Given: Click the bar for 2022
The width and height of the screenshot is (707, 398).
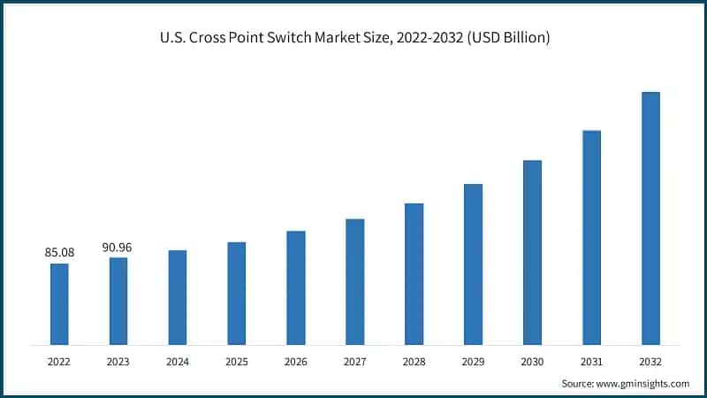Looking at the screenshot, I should coord(59,303).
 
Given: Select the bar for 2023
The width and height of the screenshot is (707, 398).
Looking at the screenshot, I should coord(118,301).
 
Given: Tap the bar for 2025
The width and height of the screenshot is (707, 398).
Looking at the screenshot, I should coord(236,293).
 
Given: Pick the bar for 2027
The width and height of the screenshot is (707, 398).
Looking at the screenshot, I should coord(354,281).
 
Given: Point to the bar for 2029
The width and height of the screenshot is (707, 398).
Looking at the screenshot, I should coord(473,264).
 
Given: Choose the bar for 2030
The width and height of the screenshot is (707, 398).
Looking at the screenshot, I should coord(532,252).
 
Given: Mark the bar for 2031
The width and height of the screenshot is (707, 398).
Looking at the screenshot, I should coord(591,237).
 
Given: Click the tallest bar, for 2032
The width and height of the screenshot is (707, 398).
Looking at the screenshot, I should coord(650,218).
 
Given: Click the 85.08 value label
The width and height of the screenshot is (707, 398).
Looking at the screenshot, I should coord(59,253).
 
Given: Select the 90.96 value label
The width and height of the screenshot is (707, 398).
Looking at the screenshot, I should coord(118,247).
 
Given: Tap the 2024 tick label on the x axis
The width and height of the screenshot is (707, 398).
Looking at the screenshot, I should coord(178,361).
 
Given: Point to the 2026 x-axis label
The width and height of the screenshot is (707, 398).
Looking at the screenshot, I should coord(295,361).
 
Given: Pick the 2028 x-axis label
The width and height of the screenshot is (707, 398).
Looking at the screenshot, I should coord(414,361).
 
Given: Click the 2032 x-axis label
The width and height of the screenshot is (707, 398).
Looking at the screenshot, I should coord(650,361).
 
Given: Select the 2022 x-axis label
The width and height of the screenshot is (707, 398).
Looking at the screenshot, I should coord(59,361).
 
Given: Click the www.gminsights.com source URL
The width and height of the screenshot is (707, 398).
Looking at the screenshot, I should coord(644,383).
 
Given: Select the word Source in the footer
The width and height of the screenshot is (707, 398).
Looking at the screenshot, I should coord(579,383).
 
